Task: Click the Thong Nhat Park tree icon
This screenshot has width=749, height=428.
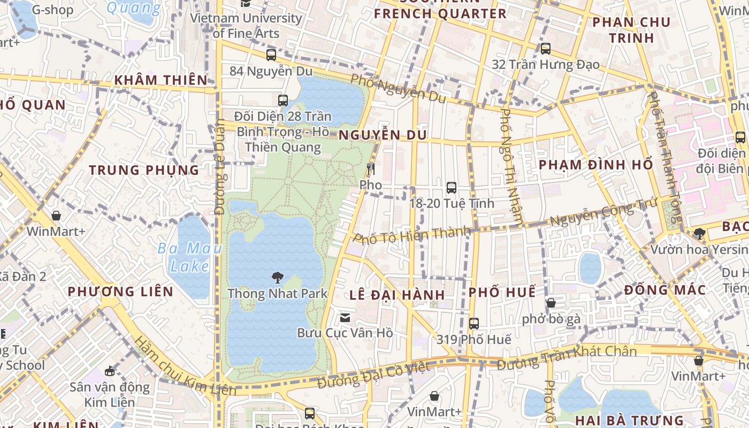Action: [277, 277]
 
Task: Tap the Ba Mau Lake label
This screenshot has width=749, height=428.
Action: [184, 256]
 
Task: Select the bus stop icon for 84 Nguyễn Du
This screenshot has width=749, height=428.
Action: [271, 55]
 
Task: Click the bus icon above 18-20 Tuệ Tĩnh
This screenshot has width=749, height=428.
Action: [452, 188]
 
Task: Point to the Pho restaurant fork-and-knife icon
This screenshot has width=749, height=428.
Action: [370, 169]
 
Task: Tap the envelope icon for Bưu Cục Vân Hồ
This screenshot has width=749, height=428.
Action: [345, 318]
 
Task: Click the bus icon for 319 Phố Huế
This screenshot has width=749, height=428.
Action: [473, 323]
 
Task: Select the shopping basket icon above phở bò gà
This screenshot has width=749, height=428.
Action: [551, 303]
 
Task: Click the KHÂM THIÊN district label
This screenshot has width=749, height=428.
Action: [160, 80]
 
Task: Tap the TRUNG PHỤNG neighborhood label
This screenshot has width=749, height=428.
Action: [144, 170]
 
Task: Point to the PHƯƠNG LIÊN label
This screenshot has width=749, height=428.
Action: [120, 292]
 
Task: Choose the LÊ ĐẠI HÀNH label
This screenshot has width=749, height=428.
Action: [398, 295]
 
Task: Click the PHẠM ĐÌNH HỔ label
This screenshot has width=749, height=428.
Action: [596, 164]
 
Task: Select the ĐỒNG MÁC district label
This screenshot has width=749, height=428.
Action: [665, 290]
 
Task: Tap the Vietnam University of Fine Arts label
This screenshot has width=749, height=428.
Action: [246, 25]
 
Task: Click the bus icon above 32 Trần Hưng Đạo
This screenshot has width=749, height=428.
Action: [545, 49]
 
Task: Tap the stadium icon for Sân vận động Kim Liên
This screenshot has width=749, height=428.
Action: [110, 371]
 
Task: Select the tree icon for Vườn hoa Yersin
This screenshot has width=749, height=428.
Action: [699, 233]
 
